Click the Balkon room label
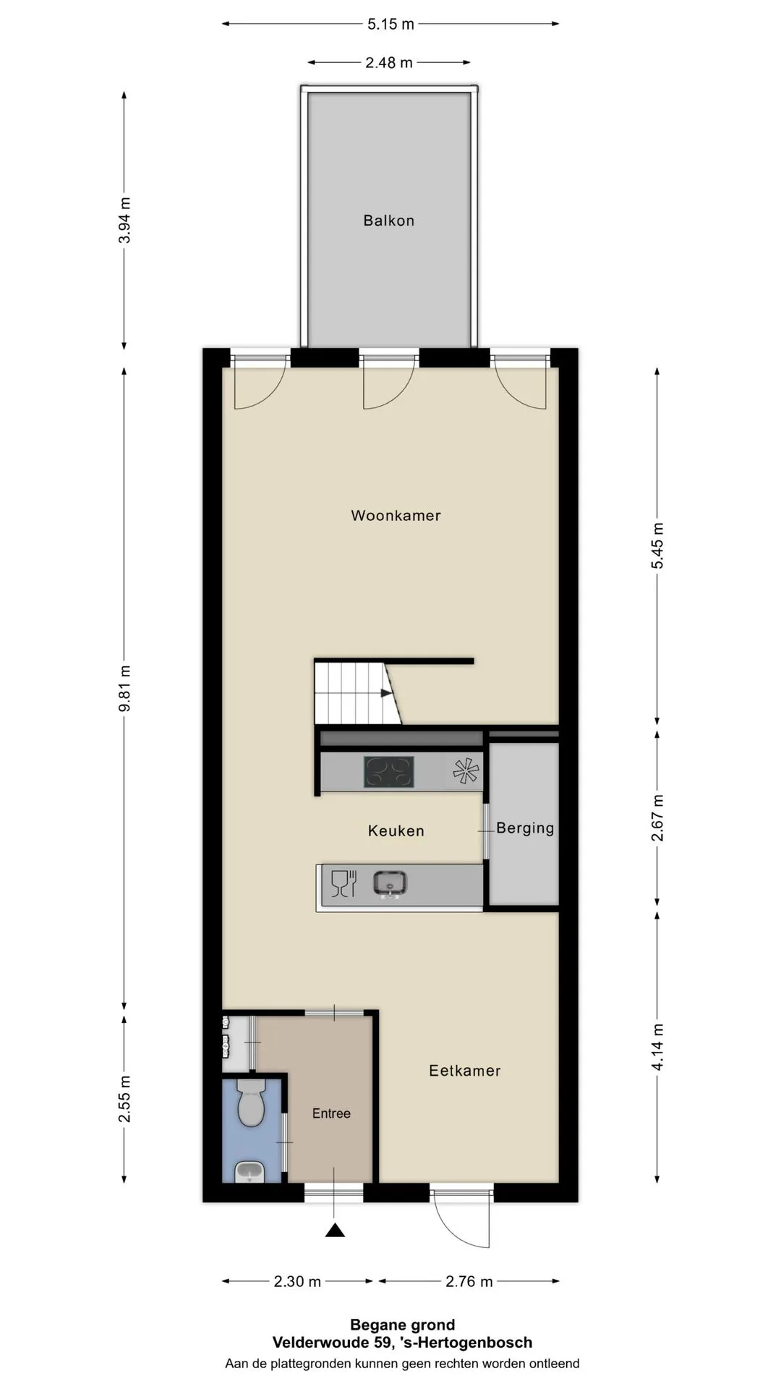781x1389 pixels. (x=388, y=221)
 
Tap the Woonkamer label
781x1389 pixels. (x=396, y=516)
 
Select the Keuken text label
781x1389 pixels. (x=396, y=831)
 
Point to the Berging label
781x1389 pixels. (x=525, y=828)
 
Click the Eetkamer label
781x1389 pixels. (x=464, y=1071)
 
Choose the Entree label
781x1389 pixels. (x=331, y=1113)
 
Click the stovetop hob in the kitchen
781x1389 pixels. (x=389, y=772)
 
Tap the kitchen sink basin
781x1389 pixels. (x=390, y=883)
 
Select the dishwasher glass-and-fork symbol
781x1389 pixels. (x=343, y=884)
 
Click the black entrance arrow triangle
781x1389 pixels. (x=334, y=1230)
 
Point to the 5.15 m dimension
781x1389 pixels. (x=390, y=24)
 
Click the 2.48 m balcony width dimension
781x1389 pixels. (x=389, y=63)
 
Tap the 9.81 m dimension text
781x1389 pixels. (x=124, y=688)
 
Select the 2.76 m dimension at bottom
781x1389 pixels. (x=469, y=1281)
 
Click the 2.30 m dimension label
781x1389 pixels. (x=297, y=1281)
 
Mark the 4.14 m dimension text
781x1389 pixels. (x=657, y=1047)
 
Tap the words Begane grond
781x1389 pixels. (x=403, y=1325)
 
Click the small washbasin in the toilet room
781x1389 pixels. (x=250, y=1171)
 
